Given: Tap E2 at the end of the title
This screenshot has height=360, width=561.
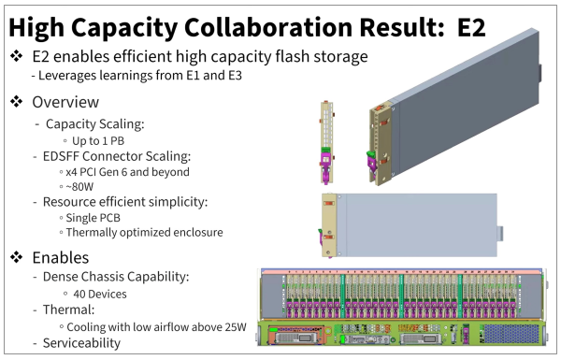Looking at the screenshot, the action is point(471,27).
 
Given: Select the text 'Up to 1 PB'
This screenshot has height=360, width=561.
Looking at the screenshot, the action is point(98,141).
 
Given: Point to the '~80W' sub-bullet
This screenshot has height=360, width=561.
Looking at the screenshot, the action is point(79,187).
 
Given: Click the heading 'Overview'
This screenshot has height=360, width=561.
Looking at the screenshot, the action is point(65,102).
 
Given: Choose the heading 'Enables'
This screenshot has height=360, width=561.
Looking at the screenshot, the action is point(61,258).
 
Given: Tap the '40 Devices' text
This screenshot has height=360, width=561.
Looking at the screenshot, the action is point(100,295).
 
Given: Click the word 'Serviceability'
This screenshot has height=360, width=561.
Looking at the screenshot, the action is point(81,343).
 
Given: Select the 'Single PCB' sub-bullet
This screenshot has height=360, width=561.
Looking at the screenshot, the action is point(93,218).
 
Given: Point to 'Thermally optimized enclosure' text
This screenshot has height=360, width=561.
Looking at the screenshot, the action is point(144,233).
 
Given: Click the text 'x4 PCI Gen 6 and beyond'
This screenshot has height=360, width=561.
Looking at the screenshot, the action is point(127,172).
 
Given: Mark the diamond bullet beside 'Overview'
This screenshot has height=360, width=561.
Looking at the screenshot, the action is point(17,102).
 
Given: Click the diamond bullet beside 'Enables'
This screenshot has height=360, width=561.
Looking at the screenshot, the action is point(17,257).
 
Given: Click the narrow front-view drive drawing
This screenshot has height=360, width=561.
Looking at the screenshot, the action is point(326,142).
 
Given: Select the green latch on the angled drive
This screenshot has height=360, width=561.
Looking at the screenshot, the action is point(370,156).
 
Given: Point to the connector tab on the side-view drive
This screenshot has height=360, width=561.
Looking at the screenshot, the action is point(500,233).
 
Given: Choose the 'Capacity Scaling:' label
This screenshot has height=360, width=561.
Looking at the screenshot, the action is point(94,124).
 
